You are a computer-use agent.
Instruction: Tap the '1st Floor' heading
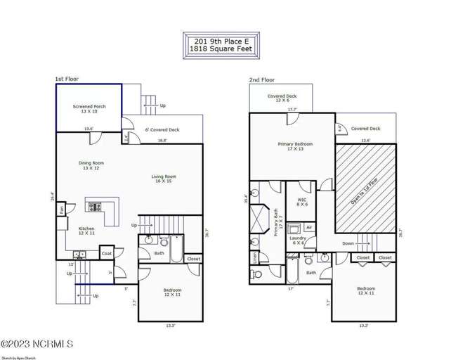[x=67, y=79]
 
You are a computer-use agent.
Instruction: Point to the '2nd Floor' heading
[x=261, y=80]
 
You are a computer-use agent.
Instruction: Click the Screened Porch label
[x=89, y=109]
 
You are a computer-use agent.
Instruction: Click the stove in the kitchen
[x=94, y=207]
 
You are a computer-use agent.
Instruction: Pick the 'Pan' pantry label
[x=62, y=210]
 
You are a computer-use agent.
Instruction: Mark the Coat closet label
[x=107, y=254]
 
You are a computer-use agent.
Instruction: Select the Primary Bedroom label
[x=295, y=146]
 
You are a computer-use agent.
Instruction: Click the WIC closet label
[x=302, y=202]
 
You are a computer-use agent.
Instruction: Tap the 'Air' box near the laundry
[x=309, y=227]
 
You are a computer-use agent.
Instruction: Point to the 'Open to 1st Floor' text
[x=365, y=189]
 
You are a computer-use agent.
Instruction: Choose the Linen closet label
[x=254, y=258]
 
